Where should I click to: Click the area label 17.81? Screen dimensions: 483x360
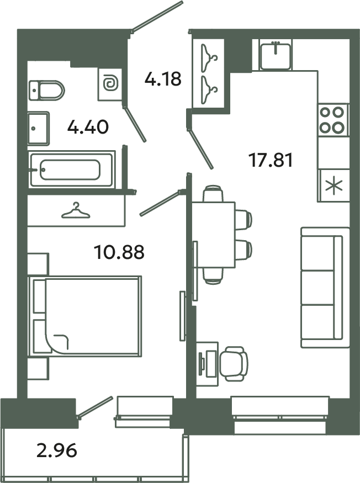[x=269, y=161]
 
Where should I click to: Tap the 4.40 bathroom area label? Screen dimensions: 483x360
[x=88, y=128]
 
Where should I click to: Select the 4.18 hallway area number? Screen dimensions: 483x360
[x=163, y=79]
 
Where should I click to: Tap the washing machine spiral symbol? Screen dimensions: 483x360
[x=110, y=84]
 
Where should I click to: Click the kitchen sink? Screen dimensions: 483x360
[x=276, y=54]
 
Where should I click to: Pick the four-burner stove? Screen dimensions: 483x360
[x=333, y=120]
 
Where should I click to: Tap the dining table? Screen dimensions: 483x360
[x=213, y=235]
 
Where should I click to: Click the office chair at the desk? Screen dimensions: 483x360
[x=233, y=363]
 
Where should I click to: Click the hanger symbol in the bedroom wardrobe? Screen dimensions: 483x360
[x=76, y=210]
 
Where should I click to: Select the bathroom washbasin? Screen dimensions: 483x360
[x=39, y=128]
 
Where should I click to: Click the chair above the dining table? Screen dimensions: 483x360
[x=213, y=194]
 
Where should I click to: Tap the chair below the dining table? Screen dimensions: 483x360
[x=213, y=275]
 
